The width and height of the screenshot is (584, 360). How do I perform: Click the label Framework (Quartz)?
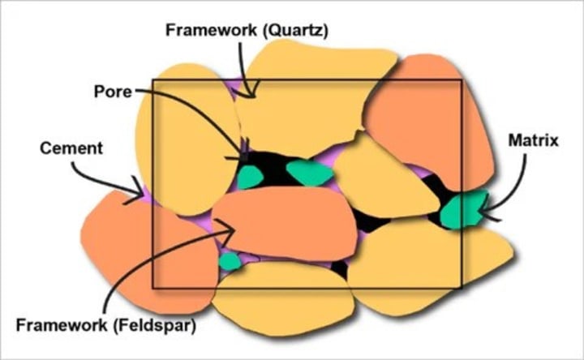(246, 30)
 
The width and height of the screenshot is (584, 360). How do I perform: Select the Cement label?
(71, 148)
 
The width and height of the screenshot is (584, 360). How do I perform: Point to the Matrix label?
(533, 139)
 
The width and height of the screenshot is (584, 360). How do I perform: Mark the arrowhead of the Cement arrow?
(140, 194)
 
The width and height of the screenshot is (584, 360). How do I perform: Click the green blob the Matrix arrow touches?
(462, 208)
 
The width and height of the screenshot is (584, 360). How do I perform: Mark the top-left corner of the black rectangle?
(153, 79)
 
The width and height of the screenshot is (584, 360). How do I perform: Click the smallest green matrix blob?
(230, 261)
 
